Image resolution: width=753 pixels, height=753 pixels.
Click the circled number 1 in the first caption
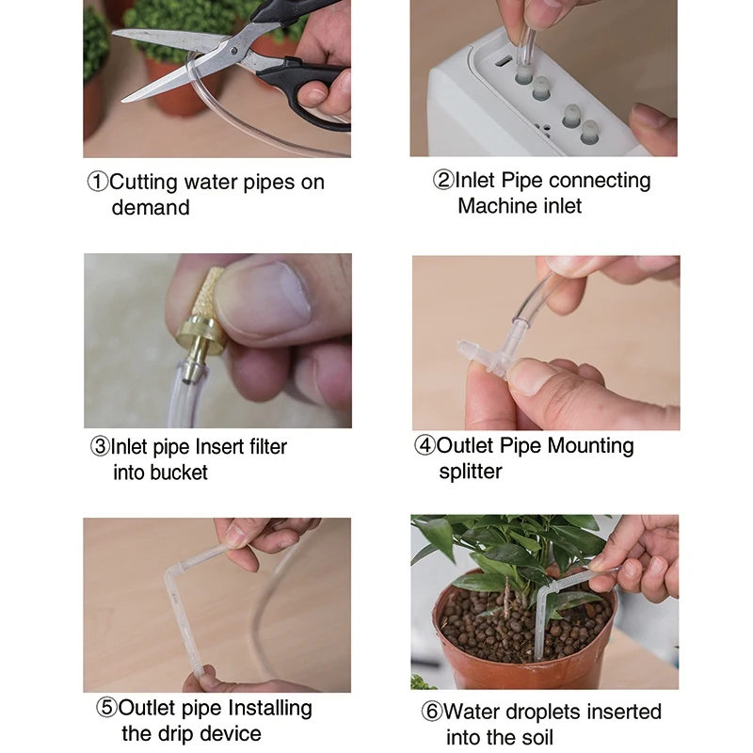click(x=98, y=183)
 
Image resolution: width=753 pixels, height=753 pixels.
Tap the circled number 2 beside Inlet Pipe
click(x=443, y=180)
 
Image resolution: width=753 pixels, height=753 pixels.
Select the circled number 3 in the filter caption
click(x=101, y=446)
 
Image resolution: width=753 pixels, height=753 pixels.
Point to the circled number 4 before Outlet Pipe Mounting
click(x=425, y=445)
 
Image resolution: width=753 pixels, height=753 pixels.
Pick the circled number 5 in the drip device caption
click(x=106, y=708)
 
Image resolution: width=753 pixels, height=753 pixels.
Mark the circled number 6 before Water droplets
click(x=432, y=712)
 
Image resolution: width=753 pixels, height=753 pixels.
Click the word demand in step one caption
click(x=151, y=208)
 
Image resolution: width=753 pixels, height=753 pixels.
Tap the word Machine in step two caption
click(x=497, y=205)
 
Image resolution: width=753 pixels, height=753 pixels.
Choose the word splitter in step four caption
click(x=470, y=472)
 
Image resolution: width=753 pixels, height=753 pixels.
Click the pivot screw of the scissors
click(x=233, y=51)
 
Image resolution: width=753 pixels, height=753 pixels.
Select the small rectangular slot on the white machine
click(x=504, y=62)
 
